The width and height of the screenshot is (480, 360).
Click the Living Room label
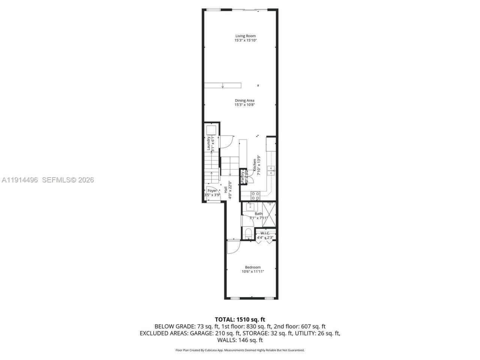click(x=245, y=36)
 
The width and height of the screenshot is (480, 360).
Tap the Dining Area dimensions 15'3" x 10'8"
click(x=245, y=105)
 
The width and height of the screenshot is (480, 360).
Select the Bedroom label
click(x=253, y=267)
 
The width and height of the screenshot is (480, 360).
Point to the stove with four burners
click(x=255, y=195)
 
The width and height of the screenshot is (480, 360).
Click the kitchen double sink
click(x=270, y=171)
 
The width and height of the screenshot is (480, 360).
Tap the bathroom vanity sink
click(x=250, y=207)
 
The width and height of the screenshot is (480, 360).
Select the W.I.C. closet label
click(x=265, y=233)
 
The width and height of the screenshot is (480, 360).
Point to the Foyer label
click(x=212, y=191)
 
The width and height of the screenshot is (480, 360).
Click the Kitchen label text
click(x=255, y=165)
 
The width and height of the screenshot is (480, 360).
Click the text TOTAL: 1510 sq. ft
click(x=240, y=319)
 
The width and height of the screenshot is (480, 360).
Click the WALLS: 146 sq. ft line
click(x=240, y=340)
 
